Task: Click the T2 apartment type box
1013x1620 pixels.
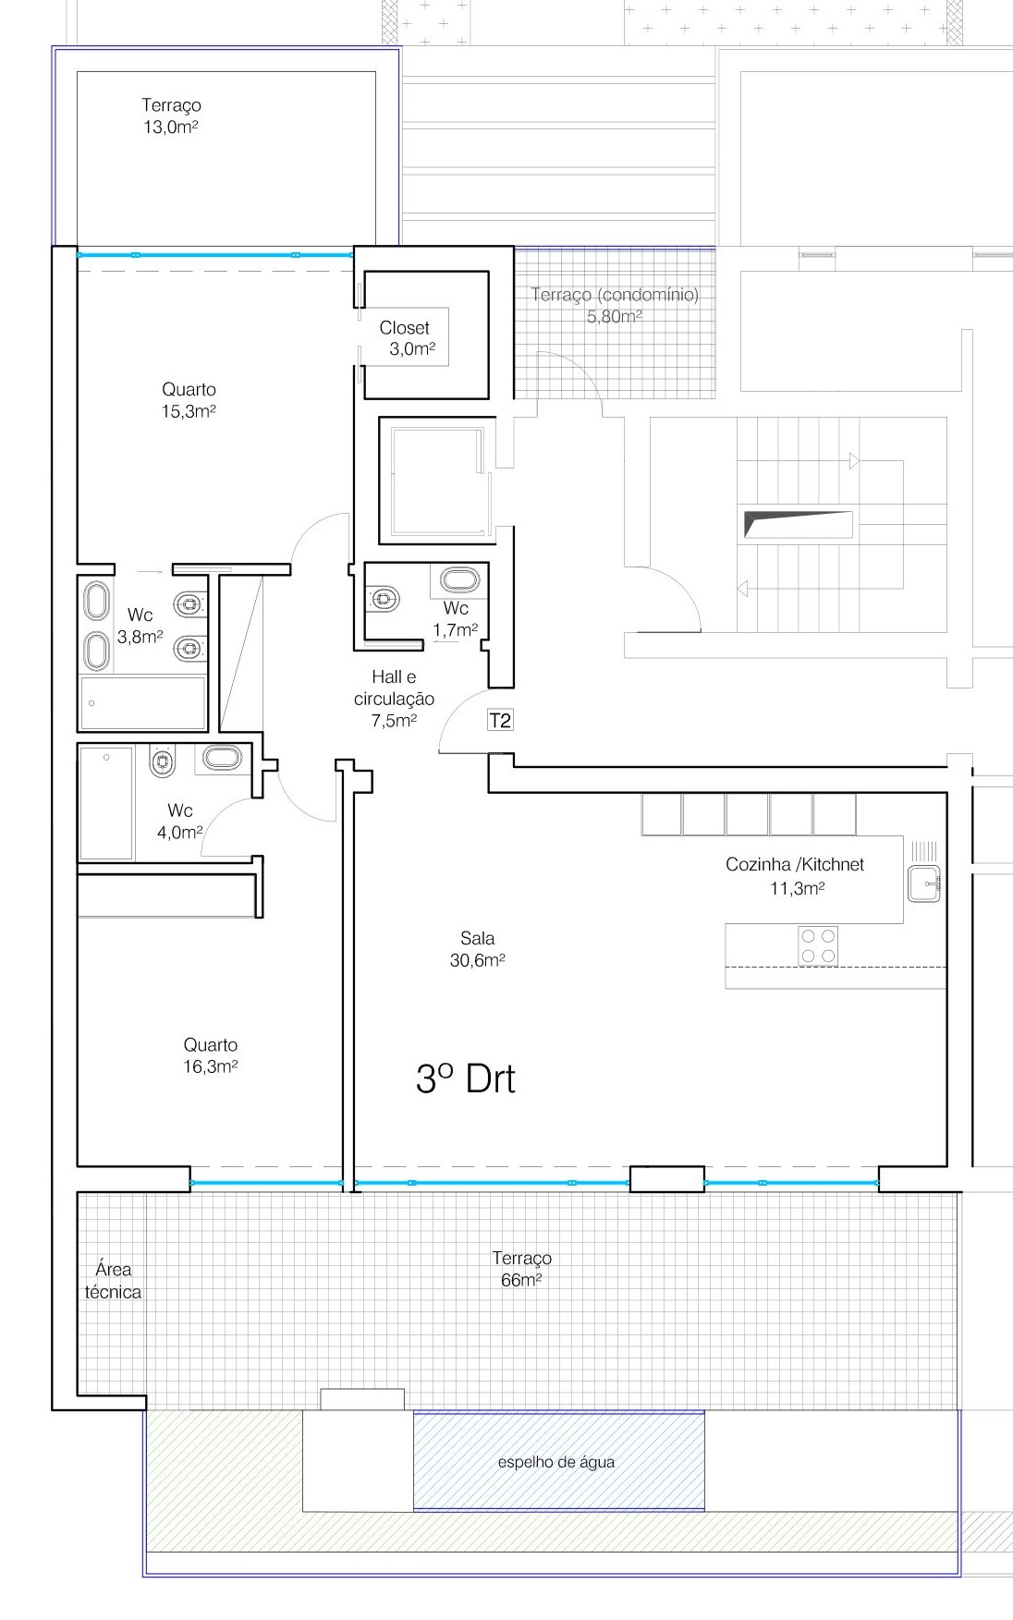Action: pos(500,721)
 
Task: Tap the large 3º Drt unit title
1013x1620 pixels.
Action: pos(466,1078)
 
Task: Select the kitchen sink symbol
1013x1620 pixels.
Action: pos(924,883)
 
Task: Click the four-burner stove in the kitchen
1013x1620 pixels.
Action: pos(818,946)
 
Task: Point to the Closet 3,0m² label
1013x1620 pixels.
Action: pos(407,338)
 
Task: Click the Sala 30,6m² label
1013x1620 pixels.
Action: pos(477,950)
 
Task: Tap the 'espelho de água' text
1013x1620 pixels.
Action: pos(555,1462)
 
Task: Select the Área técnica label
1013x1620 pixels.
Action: pos(113,1281)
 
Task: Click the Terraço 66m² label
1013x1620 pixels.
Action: pos(521,1269)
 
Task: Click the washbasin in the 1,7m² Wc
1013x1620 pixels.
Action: pos(459,580)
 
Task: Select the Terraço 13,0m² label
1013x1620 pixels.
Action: pos(171,116)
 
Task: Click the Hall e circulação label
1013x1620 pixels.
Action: pos(394,699)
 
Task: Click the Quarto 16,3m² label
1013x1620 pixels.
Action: pos(211,1055)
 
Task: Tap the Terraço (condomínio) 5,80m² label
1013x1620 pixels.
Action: pos(615,305)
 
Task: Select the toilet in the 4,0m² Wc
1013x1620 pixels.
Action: pos(163,762)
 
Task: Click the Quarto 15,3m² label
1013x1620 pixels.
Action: pos(189,400)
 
